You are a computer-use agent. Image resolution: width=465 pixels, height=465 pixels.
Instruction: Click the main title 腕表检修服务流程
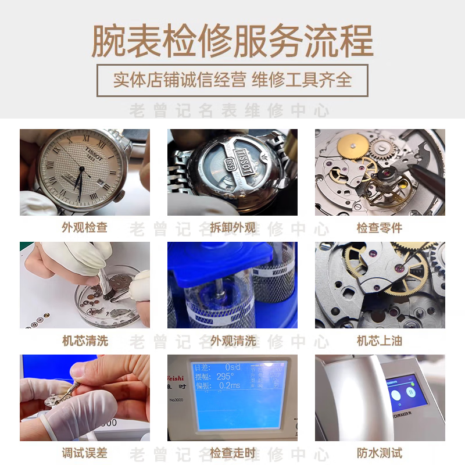pyautogui.click(x=233, y=41)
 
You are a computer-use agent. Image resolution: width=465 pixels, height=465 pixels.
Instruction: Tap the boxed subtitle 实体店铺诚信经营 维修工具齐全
pyautogui.click(x=233, y=80)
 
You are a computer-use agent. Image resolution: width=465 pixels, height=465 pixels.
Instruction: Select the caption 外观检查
pyautogui.click(x=84, y=227)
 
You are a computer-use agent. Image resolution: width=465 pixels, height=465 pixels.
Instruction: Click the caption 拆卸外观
pyautogui.click(x=233, y=227)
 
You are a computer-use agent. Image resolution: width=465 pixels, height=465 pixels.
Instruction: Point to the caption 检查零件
pyautogui.click(x=380, y=227)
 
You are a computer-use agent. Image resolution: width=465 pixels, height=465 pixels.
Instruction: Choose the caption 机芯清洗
pyautogui.click(x=84, y=341)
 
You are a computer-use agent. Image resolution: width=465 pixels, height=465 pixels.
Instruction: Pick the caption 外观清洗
pyautogui.click(x=233, y=341)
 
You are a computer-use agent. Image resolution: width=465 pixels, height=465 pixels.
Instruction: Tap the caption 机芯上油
pyautogui.click(x=380, y=341)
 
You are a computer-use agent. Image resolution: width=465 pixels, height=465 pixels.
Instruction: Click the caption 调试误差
pyautogui.click(x=84, y=453)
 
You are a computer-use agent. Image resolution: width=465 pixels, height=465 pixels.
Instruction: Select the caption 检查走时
pyautogui.click(x=233, y=453)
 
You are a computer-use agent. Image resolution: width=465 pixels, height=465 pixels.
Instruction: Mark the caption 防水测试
pyautogui.click(x=380, y=453)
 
